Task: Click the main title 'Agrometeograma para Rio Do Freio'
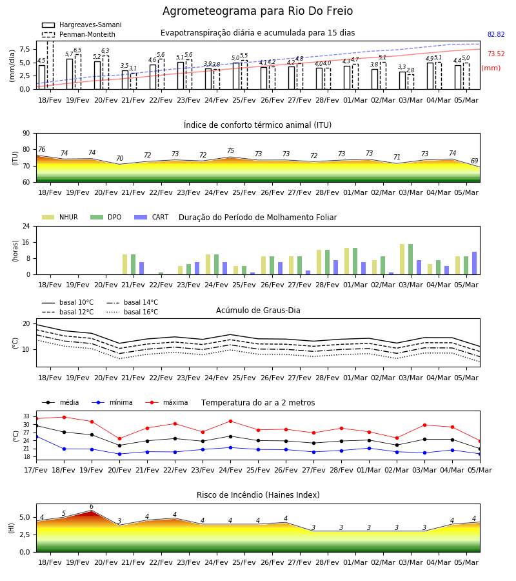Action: point(257,11)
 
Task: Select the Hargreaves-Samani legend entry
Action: point(82,25)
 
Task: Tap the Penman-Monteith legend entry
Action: point(79,34)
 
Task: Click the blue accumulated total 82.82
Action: point(496,34)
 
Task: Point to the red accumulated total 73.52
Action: point(496,54)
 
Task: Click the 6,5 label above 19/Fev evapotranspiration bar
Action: point(77,50)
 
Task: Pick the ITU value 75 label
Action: point(231,150)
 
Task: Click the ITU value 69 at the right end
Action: point(475,161)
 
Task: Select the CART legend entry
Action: point(152,217)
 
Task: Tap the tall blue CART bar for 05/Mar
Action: point(475,263)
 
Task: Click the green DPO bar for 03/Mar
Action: point(410,260)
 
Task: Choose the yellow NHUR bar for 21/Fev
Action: point(124,265)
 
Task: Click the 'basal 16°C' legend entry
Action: point(132,312)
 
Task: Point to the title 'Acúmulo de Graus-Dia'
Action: point(258,311)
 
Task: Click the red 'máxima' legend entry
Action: point(166,402)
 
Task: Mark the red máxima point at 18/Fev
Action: point(64,417)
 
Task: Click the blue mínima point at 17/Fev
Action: point(36,437)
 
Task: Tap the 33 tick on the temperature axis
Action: point(26,416)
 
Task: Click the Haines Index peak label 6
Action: point(92,507)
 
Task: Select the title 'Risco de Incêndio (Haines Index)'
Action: point(258,495)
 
